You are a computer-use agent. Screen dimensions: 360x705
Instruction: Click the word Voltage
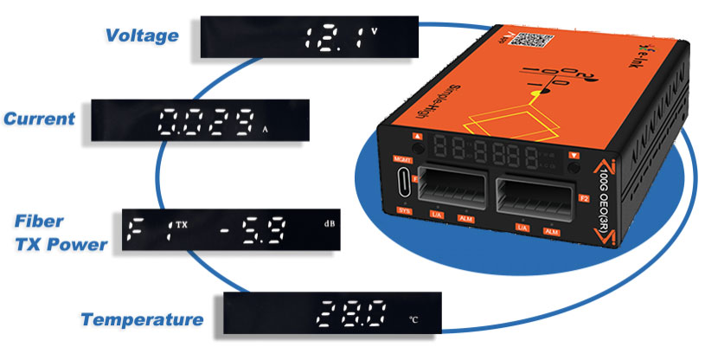click(142, 35)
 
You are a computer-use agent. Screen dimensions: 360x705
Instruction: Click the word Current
click(39, 119)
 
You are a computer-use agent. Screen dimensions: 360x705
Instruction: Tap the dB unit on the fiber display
click(330, 225)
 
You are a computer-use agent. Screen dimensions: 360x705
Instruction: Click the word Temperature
click(142, 320)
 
